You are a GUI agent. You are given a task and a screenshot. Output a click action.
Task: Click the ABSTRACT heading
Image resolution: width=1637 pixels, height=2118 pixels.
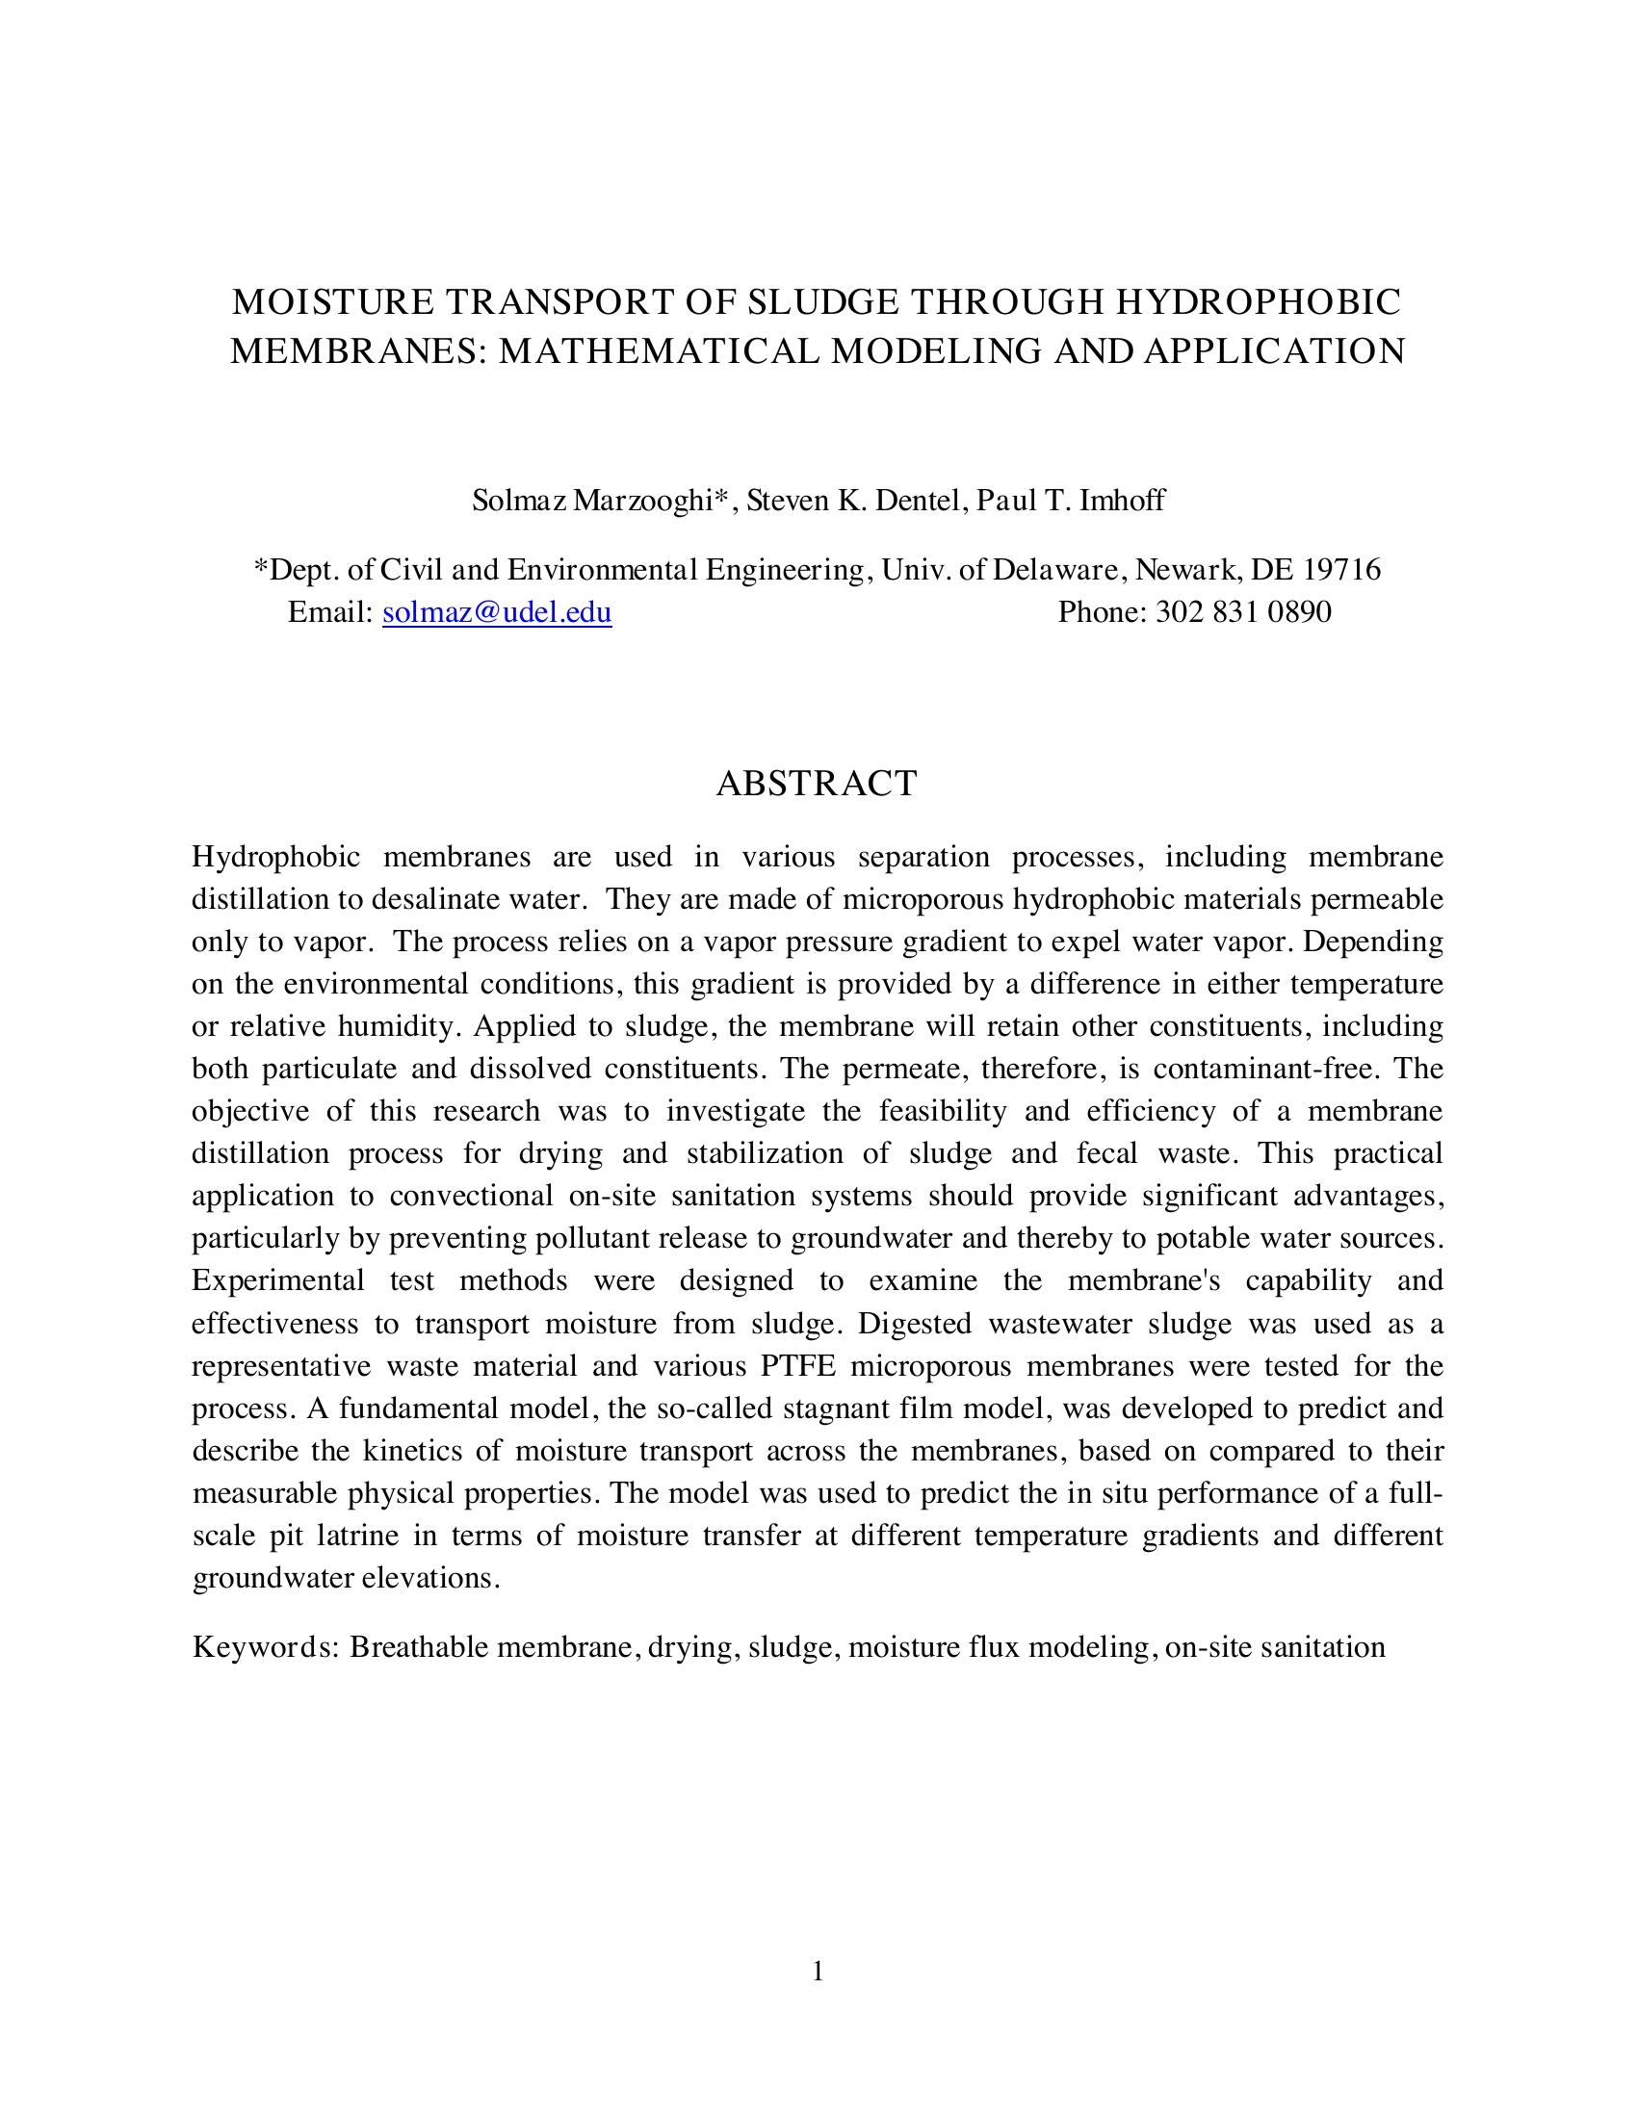817,784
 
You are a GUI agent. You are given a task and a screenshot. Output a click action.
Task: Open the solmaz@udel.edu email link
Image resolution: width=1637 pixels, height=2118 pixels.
497,612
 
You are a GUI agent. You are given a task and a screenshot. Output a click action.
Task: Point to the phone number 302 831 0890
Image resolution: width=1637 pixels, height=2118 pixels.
1243,612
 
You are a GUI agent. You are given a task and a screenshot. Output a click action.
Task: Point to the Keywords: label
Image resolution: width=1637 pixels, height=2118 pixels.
264,1647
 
